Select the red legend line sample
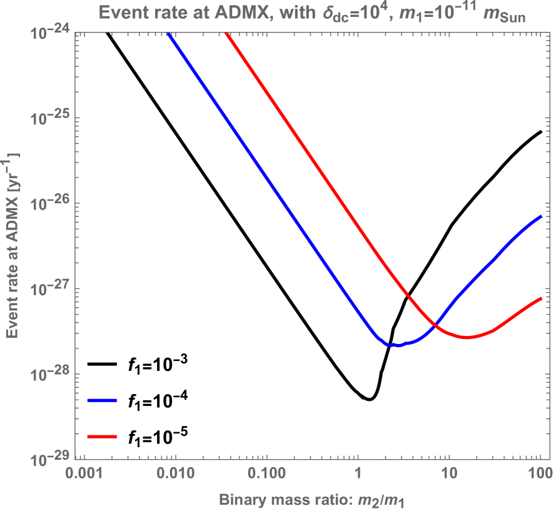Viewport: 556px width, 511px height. (103, 437)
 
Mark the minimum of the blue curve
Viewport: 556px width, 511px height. (393, 345)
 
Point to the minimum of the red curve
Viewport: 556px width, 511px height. (467, 338)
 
